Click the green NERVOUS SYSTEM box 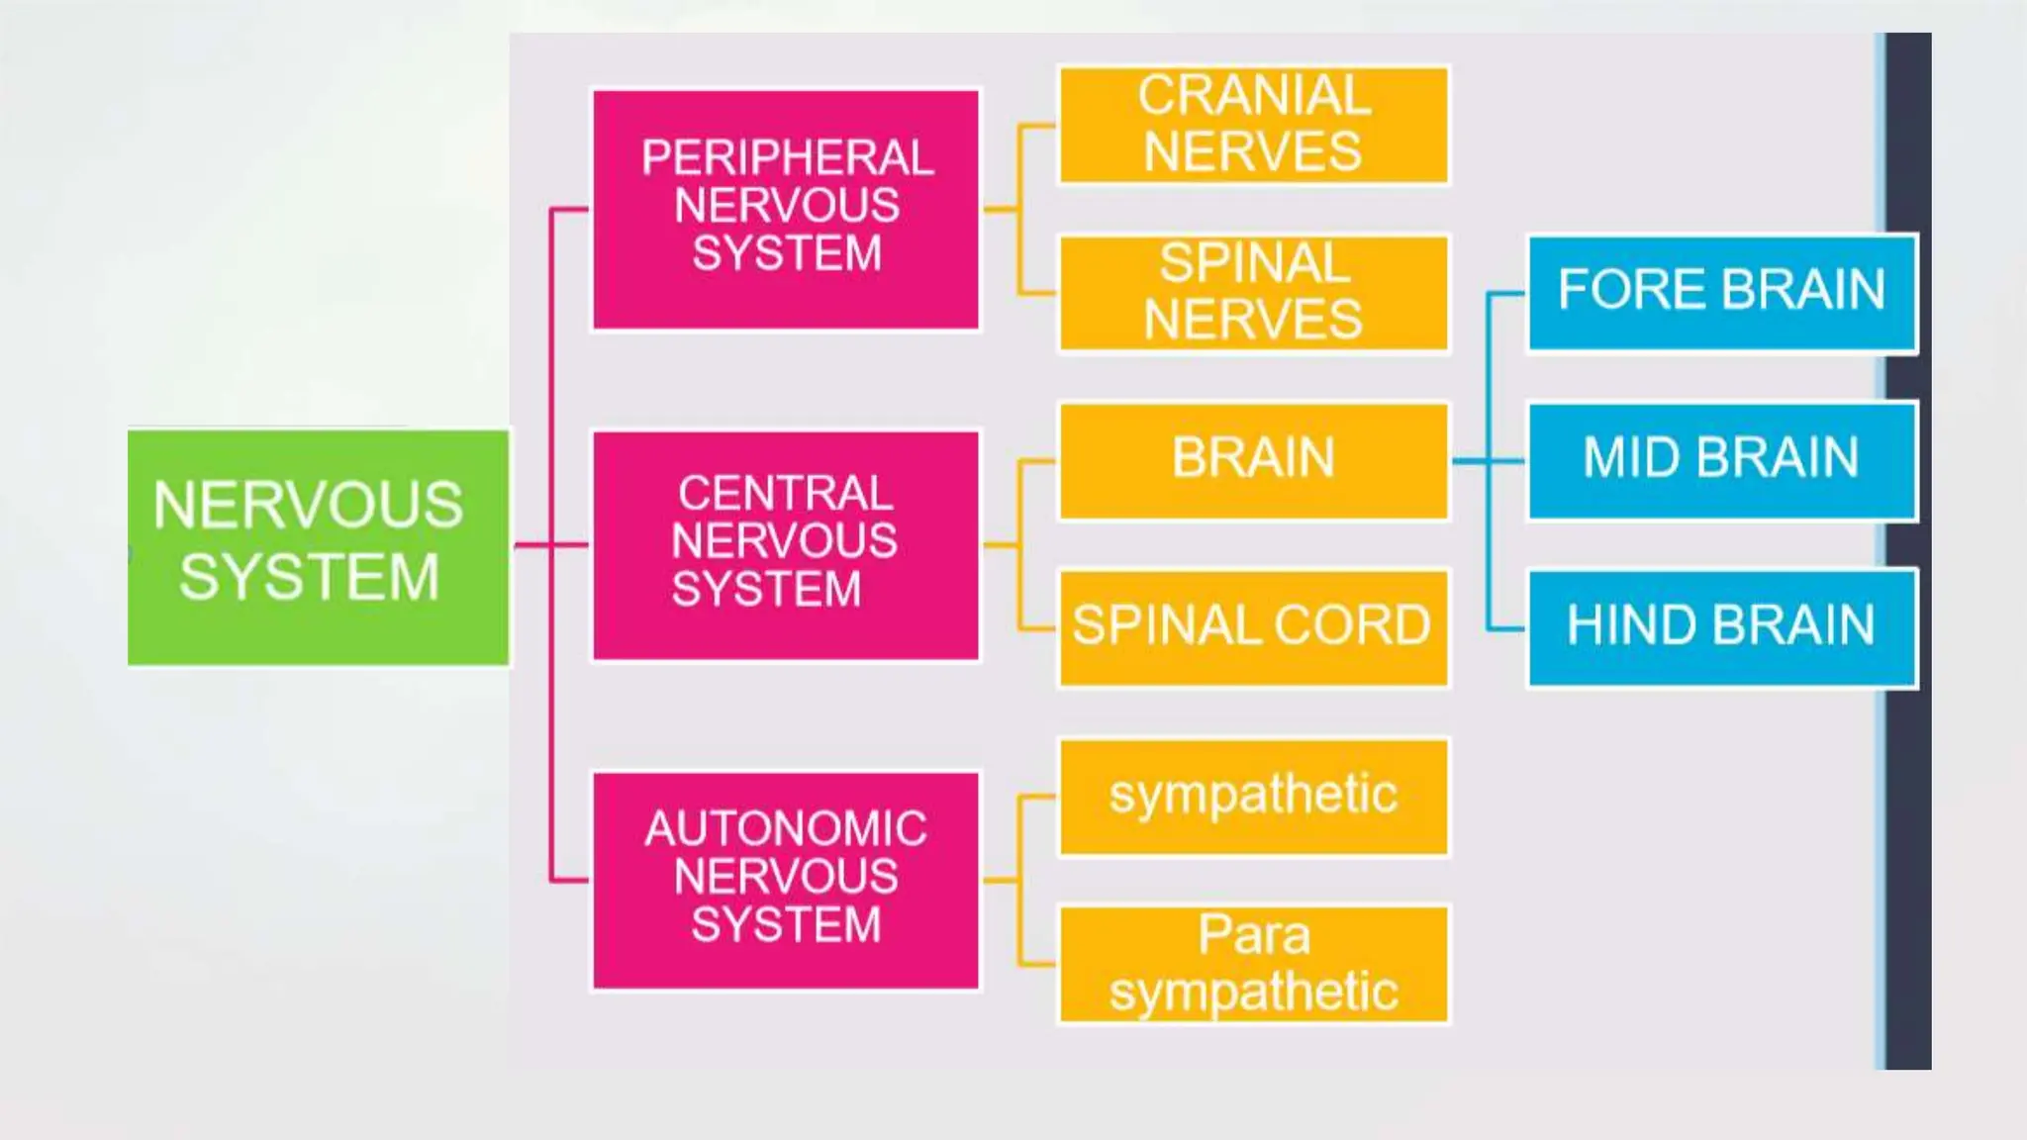point(318,546)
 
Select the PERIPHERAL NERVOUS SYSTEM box point(786,209)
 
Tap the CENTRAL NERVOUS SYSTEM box point(786,544)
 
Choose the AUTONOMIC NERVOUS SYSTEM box point(786,880)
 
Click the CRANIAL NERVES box point(1253,125)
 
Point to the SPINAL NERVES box point(1253,293)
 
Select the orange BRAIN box point(1253,460)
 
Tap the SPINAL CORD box point(1253,627)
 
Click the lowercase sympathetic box point(1253,796)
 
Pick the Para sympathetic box point(1253,964)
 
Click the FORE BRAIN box point(1722,293)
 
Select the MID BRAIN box point(1722,460)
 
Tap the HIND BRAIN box point(1722,627)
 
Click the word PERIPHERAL point(788,158)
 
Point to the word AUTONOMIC point(786,829)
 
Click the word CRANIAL point(1254,96)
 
